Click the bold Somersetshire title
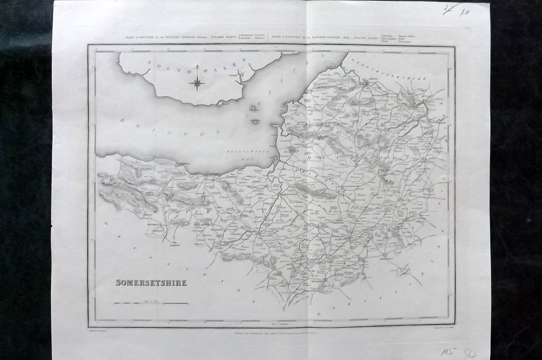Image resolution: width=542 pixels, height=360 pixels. pos(151,283)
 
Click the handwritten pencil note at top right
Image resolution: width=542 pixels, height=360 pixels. pos(456,9)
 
